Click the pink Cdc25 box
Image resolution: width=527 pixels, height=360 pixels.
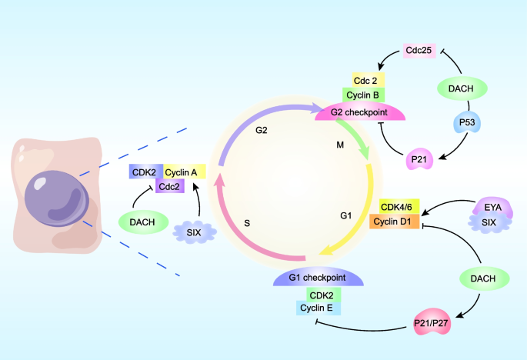[420, 52]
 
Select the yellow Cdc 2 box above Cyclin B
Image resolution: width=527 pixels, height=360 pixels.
[364, 80]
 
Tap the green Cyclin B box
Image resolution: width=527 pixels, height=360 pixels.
[364, 95]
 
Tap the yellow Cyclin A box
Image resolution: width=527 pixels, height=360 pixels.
[185, 173]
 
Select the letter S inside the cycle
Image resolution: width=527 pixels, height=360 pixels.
[247, 223]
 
